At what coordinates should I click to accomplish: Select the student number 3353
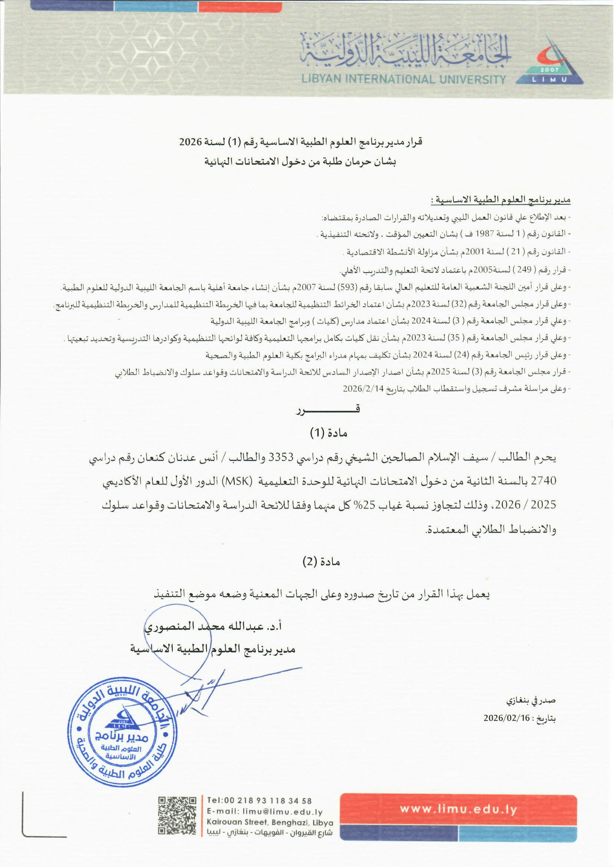coord(281,458)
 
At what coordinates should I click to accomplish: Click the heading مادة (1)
coord(328,433)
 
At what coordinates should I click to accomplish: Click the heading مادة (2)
coord(321,562)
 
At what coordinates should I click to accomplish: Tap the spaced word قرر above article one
coord(328,410)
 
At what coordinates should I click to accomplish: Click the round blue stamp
coord(123,733)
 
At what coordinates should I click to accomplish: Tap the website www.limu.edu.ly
coord(458,809)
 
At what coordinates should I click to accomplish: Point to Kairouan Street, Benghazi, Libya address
coord(270,823)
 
